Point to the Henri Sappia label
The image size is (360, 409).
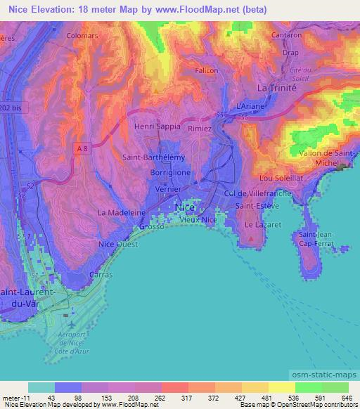coord(157,126)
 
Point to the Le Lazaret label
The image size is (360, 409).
coord(259,224)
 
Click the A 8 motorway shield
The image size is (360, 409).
coord(84,148)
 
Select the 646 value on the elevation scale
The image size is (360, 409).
coord(346,398)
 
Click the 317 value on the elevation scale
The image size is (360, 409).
coord(187,398)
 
